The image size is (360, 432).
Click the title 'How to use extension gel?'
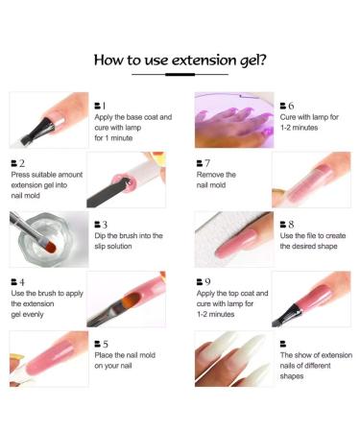[180, 60]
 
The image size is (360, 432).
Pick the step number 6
[286, 105]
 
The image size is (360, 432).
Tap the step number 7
[203, 164]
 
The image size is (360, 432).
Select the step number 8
[286, 224]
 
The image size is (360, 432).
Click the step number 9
[203, 282]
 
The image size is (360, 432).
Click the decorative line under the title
[180, 73]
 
